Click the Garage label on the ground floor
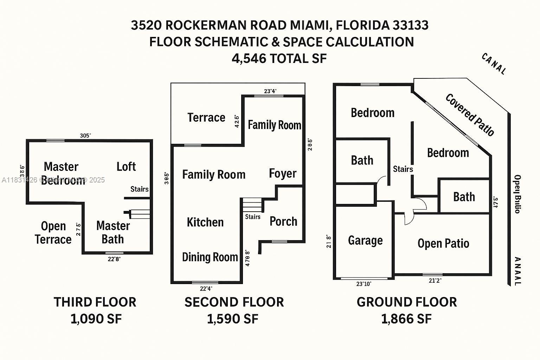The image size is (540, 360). point(365,240)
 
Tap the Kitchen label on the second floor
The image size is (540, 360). point(205,222)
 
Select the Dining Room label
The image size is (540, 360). point(210,257)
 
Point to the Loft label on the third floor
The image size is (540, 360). point(126,167)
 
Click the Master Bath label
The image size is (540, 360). point(113,232)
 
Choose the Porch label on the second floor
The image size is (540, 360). point(283,221)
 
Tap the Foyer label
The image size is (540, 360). point(283,173)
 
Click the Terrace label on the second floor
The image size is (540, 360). point(206,117)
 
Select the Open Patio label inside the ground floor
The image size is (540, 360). point(443,243)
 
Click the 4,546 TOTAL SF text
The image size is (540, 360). point(279,58)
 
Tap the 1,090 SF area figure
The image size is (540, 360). point(96,319)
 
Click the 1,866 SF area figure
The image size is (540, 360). point(406,319)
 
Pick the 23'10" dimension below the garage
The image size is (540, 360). point(364,284)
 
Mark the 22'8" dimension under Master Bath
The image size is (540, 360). point(114,259)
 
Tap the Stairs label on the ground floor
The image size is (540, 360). point(403,169)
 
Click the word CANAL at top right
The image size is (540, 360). point(494,64)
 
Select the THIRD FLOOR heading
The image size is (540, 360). point(95,302)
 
